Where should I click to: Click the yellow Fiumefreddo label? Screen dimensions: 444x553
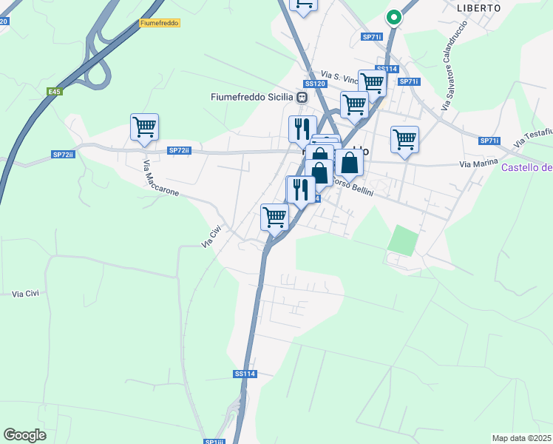[159, 23]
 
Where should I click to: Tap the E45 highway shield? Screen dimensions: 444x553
[53, 92]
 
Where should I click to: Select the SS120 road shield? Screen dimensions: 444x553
[315, 84]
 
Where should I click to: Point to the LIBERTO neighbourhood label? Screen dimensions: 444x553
[478, 8]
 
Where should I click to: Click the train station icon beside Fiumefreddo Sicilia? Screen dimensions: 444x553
[302, 97]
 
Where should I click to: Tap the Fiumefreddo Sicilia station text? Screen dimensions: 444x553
[252, 97]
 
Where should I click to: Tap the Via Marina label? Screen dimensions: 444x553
[475, 164]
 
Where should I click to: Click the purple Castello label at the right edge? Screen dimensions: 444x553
[526, 167]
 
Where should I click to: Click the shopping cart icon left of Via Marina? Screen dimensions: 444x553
[404, 138]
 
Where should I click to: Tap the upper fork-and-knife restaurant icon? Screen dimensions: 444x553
[302, 129]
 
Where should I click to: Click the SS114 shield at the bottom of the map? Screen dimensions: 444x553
[245, 374]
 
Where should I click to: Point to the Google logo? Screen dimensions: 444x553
[24, 435]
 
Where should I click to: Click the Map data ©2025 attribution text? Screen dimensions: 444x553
[521, 438]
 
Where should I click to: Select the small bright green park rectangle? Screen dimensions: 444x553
[403, 240]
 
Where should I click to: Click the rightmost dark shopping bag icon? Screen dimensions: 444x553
[349, 162]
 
